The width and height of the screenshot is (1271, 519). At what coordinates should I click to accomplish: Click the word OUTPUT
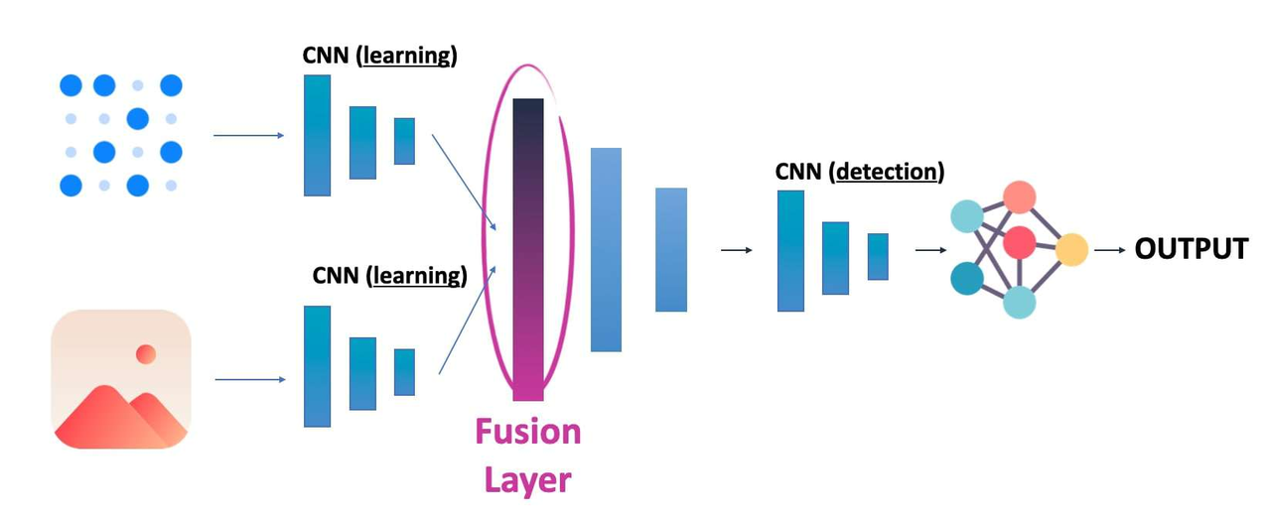(1191, 249)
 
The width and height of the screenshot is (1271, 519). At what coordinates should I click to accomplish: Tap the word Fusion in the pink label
(527, 433)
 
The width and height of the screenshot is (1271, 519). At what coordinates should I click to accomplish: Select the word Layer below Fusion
(527, 480)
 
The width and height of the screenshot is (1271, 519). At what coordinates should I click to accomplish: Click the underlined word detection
(888, 172)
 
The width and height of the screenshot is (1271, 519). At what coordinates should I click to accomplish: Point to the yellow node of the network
(1071, 249)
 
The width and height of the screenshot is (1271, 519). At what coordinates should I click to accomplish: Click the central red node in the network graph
(1019, 242)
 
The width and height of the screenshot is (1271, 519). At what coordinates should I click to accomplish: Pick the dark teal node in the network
(967, 278)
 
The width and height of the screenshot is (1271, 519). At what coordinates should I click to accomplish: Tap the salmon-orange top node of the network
(1019, 196)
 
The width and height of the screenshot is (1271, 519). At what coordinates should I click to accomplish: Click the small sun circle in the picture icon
(146, 354)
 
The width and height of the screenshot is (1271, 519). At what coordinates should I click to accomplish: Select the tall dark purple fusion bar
(528, 248)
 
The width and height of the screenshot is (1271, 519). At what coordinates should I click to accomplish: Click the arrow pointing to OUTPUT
(1109, 250)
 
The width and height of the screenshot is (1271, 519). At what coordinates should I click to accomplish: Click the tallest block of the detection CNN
(790, 250)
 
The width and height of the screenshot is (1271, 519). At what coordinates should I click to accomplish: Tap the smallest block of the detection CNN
(878, 256)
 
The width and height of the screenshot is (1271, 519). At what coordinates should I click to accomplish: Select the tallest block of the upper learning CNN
(317, 135)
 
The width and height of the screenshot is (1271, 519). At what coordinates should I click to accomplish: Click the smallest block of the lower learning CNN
(404, 372)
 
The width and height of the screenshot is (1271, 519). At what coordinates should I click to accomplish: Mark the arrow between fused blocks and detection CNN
(735, 250)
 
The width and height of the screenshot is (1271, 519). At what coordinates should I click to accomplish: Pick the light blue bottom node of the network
(1019, 301)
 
